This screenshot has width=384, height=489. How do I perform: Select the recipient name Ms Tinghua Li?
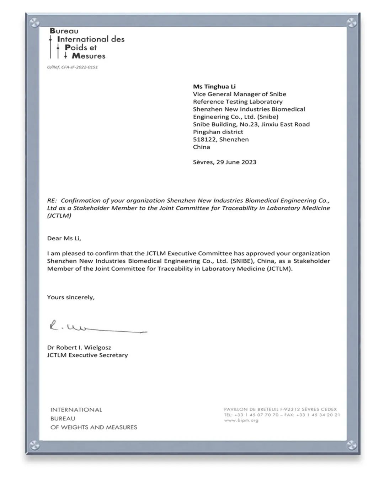tap(214, 86)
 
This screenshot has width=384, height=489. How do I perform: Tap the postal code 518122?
tap(204, 139)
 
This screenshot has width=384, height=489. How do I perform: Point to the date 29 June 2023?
tap(236, 162)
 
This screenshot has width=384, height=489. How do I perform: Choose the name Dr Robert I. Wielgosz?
tap(79, 347)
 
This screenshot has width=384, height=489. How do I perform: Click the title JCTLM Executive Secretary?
tap(87, 355)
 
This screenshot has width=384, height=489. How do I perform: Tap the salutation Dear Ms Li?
tap(64, 238)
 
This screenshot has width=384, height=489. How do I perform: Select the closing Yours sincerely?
tap(71, 297)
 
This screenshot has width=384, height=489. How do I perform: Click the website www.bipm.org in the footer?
tap(241, 420)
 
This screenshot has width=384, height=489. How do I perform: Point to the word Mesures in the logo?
tap(89, 56)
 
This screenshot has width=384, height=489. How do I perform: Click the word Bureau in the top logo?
tap(64, 31)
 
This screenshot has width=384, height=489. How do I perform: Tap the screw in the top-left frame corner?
tap(34, 23)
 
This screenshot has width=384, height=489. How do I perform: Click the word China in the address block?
tap(201, 147)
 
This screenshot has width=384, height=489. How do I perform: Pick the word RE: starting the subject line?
tap(52, 200)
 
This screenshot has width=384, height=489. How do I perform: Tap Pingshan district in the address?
tap(218, 132)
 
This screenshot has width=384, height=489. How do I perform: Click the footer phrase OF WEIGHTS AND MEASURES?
tap(94, 427)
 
